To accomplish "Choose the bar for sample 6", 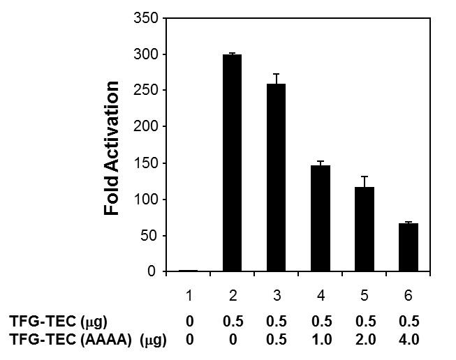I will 409,247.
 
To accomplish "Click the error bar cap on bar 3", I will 276,74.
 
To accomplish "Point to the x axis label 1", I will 189,296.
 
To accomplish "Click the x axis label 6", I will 409,296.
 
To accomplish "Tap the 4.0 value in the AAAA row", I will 409,340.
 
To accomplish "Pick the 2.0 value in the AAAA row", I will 365,340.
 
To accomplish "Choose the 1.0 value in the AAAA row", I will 321,340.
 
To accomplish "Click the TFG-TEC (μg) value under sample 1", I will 189,322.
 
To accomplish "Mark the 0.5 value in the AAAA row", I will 277,340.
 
